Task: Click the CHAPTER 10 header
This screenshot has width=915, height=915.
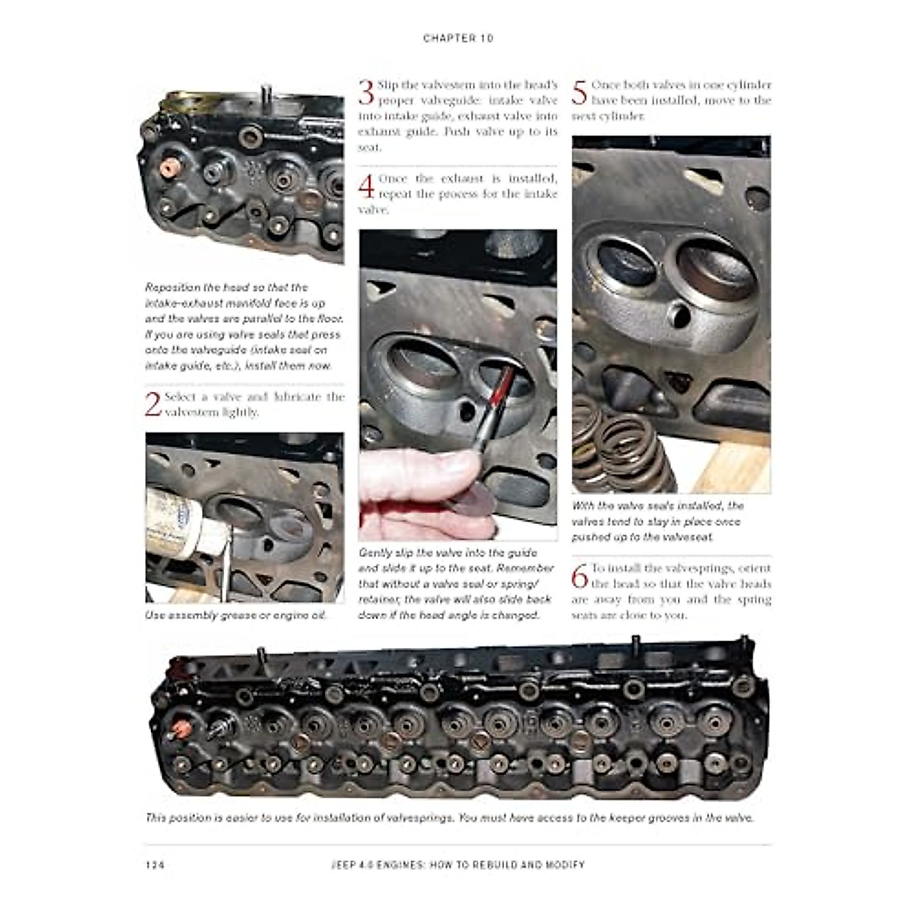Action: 457,38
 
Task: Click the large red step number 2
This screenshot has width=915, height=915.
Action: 153,404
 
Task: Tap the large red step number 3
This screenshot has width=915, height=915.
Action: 366,92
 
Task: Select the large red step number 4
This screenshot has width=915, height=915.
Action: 367,187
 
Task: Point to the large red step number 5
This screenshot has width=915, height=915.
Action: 579,92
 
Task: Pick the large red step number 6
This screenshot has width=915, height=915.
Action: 579,576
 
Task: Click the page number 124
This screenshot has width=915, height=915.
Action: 154,865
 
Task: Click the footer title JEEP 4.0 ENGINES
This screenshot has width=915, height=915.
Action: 457,865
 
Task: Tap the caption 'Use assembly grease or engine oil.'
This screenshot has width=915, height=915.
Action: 236,615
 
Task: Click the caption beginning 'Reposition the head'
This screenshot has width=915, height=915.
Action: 242,326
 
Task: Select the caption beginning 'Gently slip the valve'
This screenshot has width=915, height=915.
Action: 457,584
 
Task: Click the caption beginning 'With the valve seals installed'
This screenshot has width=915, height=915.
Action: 657,522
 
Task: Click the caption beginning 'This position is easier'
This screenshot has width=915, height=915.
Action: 450,818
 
